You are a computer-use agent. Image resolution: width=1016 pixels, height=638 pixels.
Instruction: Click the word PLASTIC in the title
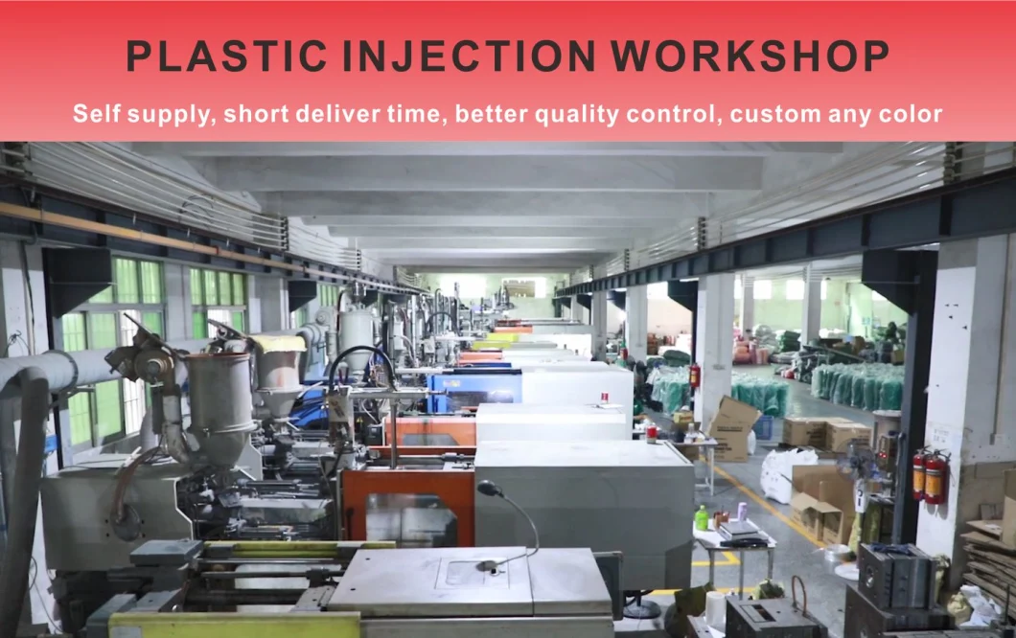pos(226,56)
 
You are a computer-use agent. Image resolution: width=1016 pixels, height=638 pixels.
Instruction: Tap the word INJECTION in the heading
pos(469,56)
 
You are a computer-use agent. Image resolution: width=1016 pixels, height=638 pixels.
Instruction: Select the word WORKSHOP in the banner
pos(750,56)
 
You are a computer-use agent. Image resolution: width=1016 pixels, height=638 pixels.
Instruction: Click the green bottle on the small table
pos(701,518)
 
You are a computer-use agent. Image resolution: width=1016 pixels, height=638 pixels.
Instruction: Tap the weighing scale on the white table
pos(742,533)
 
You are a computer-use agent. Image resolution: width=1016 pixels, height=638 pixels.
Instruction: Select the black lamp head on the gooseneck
pos(488,489)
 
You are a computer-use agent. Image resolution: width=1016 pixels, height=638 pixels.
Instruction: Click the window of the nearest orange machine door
pos(409,519)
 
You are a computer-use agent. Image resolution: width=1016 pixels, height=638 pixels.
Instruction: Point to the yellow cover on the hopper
pos(278,344)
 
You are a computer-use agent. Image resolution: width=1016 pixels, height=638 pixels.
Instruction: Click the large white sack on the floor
pos(787,474)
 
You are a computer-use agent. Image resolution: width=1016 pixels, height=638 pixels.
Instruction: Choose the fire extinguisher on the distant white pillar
pos(695,376)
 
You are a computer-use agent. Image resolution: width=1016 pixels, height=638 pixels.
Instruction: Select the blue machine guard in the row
pos(475,389)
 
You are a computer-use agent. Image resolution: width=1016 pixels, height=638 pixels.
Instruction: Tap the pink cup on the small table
pos(742,511)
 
